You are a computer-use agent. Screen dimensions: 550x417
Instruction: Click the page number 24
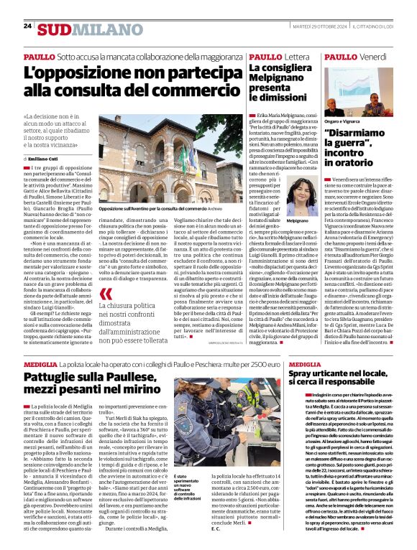(x=27, y=25)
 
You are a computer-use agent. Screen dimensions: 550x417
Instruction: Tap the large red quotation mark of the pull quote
(x=106, y=294)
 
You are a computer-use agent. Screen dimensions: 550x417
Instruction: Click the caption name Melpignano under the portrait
(x=302, y=221)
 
